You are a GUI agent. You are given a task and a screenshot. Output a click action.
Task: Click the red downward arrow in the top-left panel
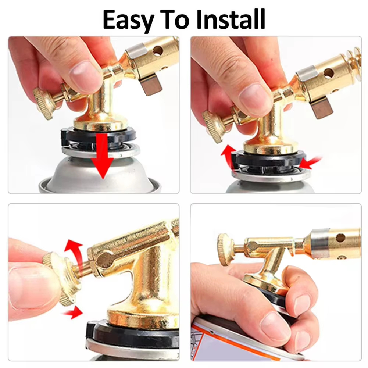tap(102, 156)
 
